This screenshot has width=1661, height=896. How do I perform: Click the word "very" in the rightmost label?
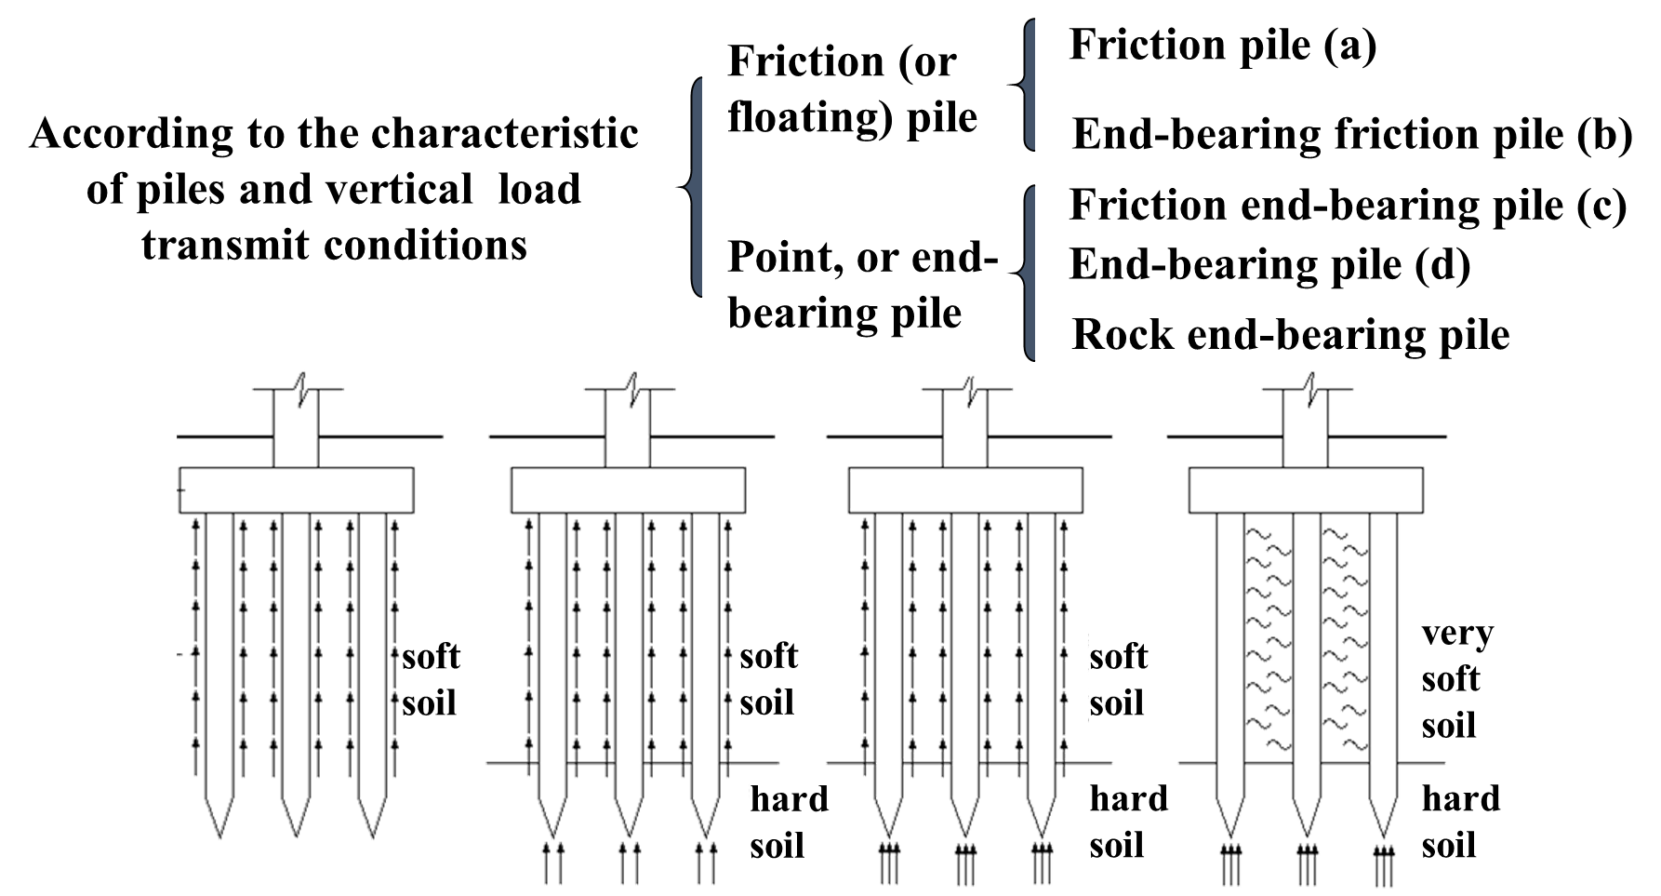[1457, 634]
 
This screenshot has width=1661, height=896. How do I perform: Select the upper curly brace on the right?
[1028, 85]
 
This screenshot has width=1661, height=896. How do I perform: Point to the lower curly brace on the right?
[1028, 273]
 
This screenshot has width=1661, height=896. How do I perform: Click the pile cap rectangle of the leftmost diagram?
[296, 490]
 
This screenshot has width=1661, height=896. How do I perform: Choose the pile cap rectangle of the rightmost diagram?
[1306, 490]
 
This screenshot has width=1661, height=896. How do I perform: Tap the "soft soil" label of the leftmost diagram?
[431, 679]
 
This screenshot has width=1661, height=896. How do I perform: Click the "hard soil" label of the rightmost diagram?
[1461, 822]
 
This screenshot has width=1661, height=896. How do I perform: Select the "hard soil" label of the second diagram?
[790, 822]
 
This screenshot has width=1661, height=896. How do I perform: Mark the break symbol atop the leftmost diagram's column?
[299, 388]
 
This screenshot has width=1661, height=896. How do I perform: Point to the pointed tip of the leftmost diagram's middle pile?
[296, 833]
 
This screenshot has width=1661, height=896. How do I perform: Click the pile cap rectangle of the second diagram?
[628, 490]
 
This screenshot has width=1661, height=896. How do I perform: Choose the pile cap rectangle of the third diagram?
[965, 490]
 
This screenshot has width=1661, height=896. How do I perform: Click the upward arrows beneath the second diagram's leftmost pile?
[551, 863]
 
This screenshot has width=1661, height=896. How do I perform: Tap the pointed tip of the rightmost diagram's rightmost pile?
[1383, 833]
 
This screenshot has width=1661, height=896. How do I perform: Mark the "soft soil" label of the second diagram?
[769, 679]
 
